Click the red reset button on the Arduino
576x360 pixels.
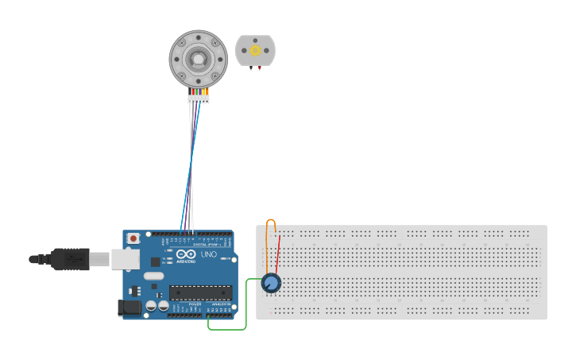point(133,238)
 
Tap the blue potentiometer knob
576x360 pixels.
point(271,283)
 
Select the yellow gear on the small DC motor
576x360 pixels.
point(255,51)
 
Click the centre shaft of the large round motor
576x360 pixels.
point(198,60)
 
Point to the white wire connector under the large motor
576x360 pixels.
point(199,99)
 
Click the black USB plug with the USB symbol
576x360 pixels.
point(71,259)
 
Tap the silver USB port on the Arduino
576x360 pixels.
point(124,259)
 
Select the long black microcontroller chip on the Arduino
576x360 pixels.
point(199,292)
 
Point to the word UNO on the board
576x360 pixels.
point(208,254)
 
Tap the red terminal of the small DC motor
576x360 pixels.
point(257,68)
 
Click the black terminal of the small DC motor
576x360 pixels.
point(252,68)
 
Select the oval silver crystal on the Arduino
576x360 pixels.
point(153,276)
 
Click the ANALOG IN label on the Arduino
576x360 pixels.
point(221,304)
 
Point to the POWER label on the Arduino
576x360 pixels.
point(195,304)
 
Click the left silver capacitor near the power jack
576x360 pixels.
point(150,306)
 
